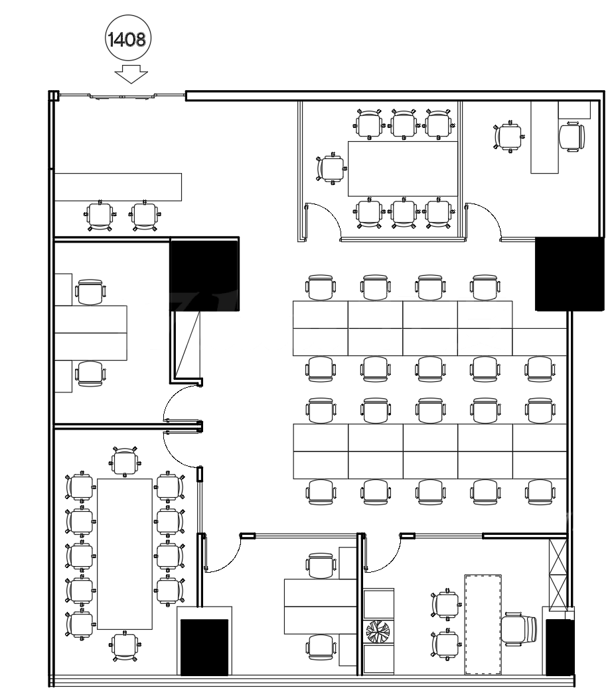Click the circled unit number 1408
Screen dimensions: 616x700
click(128, 39)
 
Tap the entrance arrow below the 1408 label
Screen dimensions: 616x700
click(131, 74)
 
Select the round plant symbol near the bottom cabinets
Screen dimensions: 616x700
click(378, 631)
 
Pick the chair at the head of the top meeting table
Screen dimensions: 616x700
click(331, 168)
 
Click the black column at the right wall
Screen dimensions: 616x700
click(570, 274)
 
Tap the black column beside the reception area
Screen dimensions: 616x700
click(204, 274)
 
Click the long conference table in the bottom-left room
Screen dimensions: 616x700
click(125, 554)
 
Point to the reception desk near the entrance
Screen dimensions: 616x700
click(117, 187)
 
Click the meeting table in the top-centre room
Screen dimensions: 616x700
click(403, 169)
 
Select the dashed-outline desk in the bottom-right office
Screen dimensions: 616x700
click(483, 624)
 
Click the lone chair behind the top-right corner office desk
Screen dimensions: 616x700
click(572, 137)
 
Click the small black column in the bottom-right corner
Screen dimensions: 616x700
click(559, 647)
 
